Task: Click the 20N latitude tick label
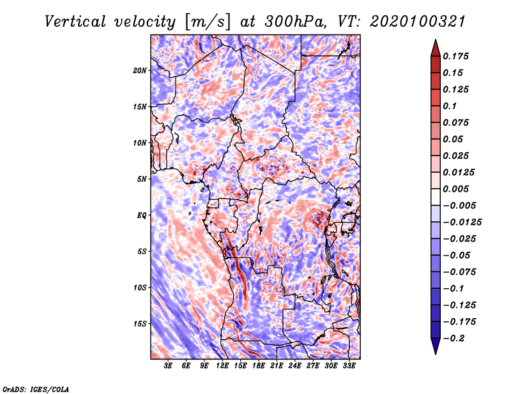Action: [x=140, y=71]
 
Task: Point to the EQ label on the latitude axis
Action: [x=141, y=215]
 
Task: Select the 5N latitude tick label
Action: [x=142, y=179]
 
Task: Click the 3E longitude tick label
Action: [x=168, y=366]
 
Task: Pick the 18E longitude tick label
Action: [x=259, y=366]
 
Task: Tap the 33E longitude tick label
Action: [x=349, y=366]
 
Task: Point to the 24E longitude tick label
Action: [x=294, y=366]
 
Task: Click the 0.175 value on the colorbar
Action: [x=455, y=56]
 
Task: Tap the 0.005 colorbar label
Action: [x=455, y=189]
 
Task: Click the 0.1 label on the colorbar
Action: [x=450, y=106]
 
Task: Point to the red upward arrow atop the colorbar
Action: [x=436, y=48]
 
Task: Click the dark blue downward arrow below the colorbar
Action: [x=436, y=346]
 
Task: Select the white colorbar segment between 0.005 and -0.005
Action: [x=436, y=197]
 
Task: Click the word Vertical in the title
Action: [x=75, y=22]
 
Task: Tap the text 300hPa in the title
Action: [x=295, y=22]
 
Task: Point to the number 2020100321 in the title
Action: [x=418, y=22]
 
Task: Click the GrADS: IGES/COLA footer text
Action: [x=36, y=389]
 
